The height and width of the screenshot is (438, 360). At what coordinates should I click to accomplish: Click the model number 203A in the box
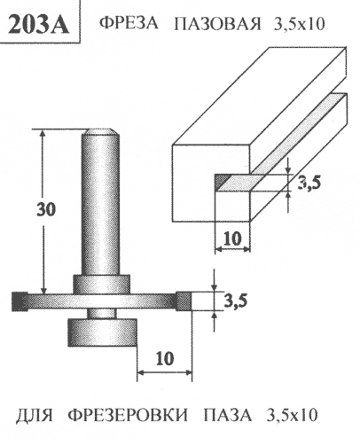[39, 23]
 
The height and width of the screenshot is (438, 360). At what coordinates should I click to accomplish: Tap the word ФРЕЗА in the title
[129, 23]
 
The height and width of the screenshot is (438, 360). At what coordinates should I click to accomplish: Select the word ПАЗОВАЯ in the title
[217, 24]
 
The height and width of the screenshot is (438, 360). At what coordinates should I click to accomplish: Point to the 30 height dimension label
[46, 209]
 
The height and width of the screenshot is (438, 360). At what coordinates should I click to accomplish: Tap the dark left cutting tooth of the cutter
[20, 301]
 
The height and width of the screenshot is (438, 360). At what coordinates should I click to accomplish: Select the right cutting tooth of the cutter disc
[184, 301]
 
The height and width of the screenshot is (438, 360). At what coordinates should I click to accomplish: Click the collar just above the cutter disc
[101, 285]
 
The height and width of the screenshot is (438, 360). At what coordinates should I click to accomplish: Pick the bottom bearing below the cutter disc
[102, 332]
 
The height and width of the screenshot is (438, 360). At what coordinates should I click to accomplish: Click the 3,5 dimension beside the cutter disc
[235, 301]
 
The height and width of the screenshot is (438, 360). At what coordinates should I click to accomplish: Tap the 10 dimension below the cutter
[165, 358]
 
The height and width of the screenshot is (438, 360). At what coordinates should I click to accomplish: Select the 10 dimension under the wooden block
[232, 239]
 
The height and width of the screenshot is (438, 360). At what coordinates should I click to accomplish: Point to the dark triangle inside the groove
[223, 180]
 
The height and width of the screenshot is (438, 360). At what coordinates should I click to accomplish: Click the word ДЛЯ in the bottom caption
[34, 415]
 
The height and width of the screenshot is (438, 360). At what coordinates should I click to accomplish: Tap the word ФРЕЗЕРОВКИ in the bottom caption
[129, 415]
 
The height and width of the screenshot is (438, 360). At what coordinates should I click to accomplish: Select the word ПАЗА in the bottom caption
[228, 415]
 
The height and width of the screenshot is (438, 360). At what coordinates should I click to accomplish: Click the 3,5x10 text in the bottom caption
[293, 415]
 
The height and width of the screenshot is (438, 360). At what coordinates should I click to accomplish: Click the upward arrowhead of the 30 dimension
[43, 134]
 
